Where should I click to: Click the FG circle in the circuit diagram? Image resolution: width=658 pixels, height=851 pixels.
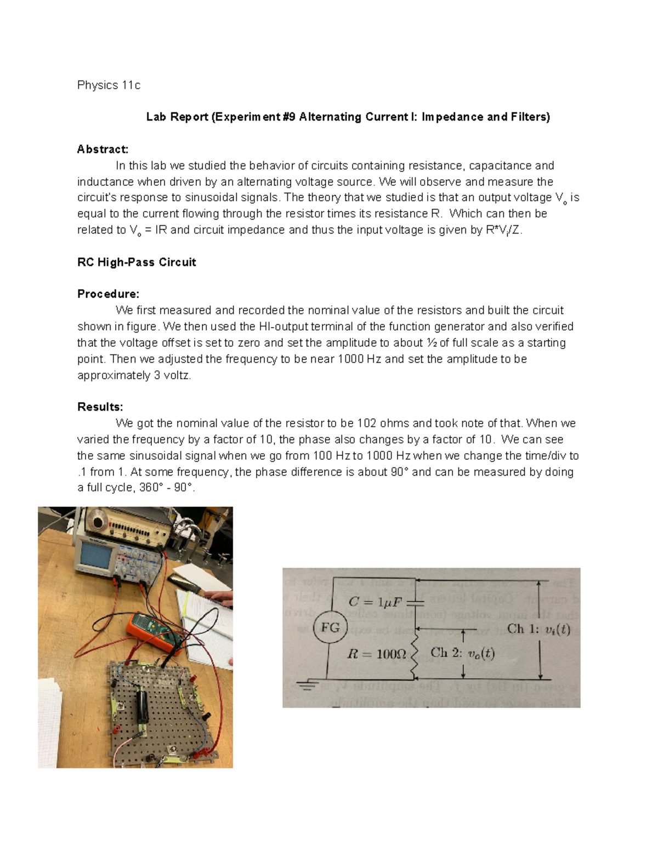pyautogui.click(x=330, y=627)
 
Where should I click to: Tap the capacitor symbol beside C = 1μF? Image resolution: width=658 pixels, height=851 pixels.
pyautogui.click(x=417, y=601)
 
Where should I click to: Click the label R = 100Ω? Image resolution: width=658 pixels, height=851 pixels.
pyautogui.click(x=377, y=653)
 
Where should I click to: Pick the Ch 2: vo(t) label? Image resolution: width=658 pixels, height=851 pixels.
pyautogui.click(x=462, y=653)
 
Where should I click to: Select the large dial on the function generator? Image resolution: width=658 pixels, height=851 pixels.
pyautogui.click(x=100, y=521)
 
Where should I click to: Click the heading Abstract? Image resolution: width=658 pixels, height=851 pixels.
pyautogui.click(x=103, y=149)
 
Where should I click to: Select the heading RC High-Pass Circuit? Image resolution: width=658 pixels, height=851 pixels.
pyautogui.click(x=137, y=262)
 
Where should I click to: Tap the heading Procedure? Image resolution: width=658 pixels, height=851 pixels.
pyautogui.click(x=108, y=294)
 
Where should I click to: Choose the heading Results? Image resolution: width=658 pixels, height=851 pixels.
pyautogui.click(x=100, y=407)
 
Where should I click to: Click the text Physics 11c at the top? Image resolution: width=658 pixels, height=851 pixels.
pyautogui.click(x=109, y=85)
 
